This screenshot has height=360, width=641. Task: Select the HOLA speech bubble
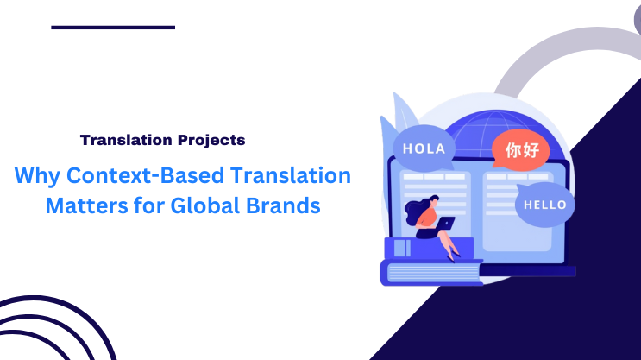(424, 149)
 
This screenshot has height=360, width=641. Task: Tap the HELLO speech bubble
(544, 205)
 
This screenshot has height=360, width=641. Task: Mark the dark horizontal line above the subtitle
(113, 28)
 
